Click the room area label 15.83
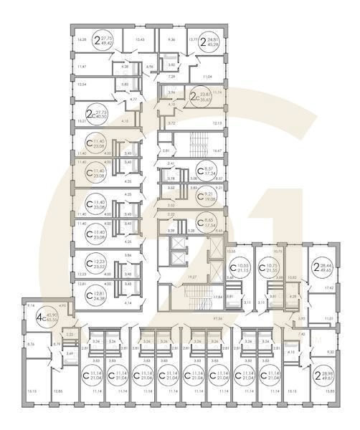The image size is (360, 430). tap(329, 412)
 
